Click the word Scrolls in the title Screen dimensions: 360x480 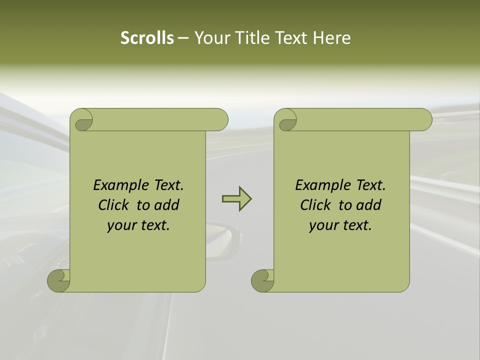tap(147, 38)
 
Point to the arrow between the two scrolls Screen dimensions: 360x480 tap(236, 198)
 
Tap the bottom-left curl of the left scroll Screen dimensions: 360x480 tap(58, 280)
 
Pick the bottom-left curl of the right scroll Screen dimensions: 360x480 tap(262, 280)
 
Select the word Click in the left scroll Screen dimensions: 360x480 tap(113, 205)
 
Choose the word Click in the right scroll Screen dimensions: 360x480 tap(315, 205)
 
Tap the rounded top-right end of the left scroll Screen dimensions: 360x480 tap(220, 119)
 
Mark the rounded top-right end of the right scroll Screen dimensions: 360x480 tap(424, 119)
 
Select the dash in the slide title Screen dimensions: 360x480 tap(183, 38)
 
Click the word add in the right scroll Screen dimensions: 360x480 tap(368, 205)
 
